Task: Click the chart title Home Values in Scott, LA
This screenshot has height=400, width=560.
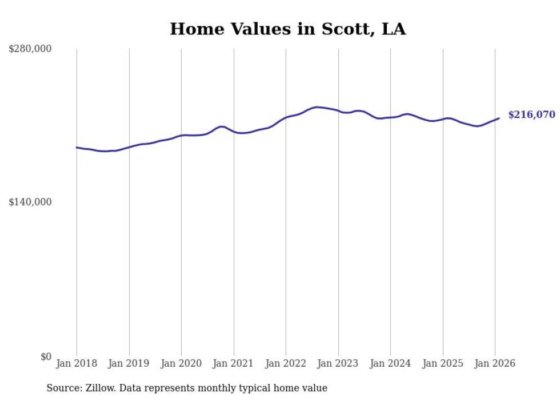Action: (287, 29)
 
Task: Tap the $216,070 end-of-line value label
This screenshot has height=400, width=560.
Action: (531, 115)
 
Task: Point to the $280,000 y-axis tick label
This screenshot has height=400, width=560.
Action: (30, 49)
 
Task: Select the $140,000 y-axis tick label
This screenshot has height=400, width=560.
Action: (30, 202)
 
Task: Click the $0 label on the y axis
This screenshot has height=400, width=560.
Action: (46, 357)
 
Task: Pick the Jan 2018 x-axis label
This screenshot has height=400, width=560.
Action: (77, 363)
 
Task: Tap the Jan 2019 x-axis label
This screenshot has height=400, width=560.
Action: (129, 363)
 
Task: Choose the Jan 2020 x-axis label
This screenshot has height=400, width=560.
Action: (181, 363)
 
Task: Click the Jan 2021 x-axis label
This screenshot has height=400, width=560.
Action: (234, 363)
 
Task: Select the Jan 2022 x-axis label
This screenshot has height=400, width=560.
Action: (286, 363)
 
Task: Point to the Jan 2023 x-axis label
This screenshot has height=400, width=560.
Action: (338, 363)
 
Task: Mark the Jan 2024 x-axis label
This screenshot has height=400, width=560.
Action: (390, 363)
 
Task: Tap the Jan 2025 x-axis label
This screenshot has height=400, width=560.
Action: (443, 363)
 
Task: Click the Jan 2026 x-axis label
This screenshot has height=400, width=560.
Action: (495, 363)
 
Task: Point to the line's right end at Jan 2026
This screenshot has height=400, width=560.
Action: (499, 118)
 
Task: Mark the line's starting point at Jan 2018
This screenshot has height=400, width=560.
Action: (77, 147)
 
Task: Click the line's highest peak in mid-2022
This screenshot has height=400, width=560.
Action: (317, 107)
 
